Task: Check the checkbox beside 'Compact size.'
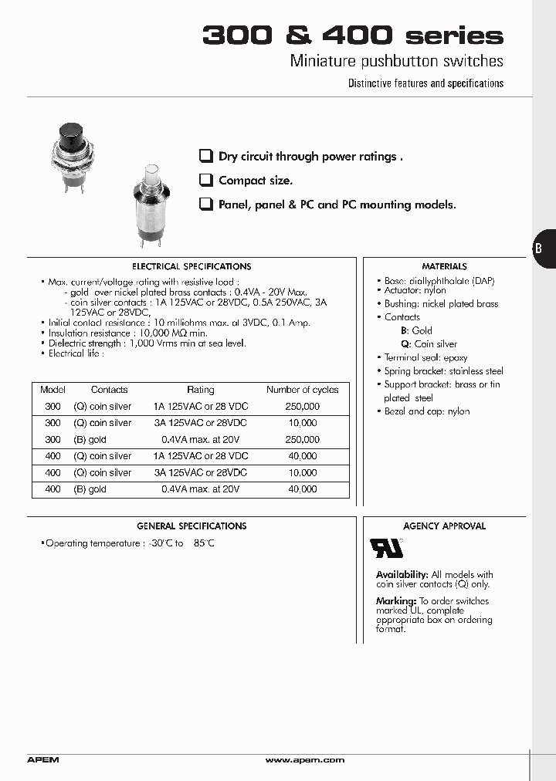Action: click(205, 181)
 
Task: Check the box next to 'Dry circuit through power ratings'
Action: click(205, 156)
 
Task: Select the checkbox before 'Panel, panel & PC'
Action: click(205, 205)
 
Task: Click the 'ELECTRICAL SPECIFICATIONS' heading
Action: click(192, 266)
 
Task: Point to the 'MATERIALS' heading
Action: click(444, 266)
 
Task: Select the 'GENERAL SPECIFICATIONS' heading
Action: click(192, 526)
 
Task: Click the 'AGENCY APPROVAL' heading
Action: click(444, 526)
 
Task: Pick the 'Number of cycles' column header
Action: click(303, 390)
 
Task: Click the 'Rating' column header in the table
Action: click(201, 390)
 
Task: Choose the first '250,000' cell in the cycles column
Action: click(303, 407)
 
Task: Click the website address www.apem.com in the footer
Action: click(304, 760)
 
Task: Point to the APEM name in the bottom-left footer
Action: click(43, 760)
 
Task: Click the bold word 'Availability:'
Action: click(402, 575)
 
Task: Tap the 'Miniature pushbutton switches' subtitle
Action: click(396, 61)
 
